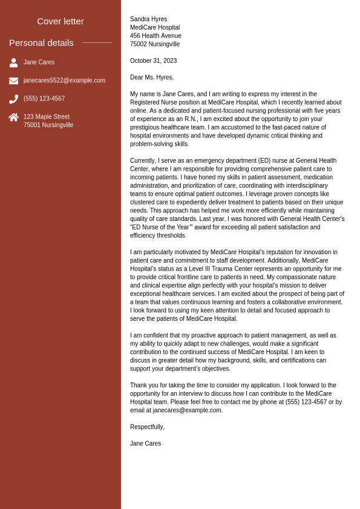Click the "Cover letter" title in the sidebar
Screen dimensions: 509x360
[61, 21]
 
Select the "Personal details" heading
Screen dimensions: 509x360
[41, 43]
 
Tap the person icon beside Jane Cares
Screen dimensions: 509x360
[13, 62]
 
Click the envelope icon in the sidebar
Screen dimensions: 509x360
[13, 80]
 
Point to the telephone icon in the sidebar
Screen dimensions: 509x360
[13, 99]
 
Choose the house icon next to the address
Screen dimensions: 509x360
[13, 117]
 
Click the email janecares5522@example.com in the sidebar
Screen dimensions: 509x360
[64, 80]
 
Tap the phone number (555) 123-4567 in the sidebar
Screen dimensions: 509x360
[44, 99]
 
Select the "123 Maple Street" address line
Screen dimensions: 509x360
[47, 117]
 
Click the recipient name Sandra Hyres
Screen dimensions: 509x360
[148, 19]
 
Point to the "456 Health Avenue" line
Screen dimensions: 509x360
[155, 36]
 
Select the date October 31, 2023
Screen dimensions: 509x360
[153, 61]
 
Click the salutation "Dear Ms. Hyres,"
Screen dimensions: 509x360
[152, 77]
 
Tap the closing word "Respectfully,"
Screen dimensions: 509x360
[147, 427]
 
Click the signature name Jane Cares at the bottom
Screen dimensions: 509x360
[145, 444]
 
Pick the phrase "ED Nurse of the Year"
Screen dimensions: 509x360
[162, 228]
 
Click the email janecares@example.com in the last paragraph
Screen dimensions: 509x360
[187, 410]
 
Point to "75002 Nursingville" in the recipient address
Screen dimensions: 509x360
[155, 44]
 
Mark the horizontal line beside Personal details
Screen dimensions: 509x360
[97, 43]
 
